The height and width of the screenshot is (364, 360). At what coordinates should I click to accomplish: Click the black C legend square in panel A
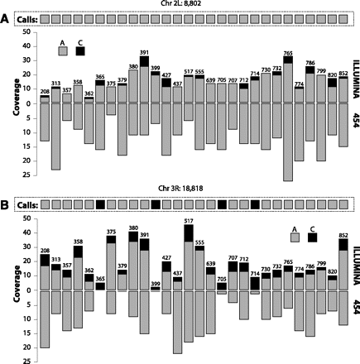click(80, 50)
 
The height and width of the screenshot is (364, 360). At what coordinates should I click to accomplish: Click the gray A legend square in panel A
click(63, 50)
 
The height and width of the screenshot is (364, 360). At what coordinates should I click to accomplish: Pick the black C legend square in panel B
click(312, 237)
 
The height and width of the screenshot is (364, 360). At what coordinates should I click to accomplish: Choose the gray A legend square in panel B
click(295, 237)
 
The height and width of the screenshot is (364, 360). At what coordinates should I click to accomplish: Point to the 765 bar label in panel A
click(288, 54)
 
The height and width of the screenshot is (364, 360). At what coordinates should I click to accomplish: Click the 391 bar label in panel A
click(144, 52)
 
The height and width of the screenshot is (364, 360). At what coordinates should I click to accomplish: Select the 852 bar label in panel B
click(343, 235)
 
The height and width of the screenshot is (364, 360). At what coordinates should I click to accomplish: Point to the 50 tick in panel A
click(26, 31)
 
